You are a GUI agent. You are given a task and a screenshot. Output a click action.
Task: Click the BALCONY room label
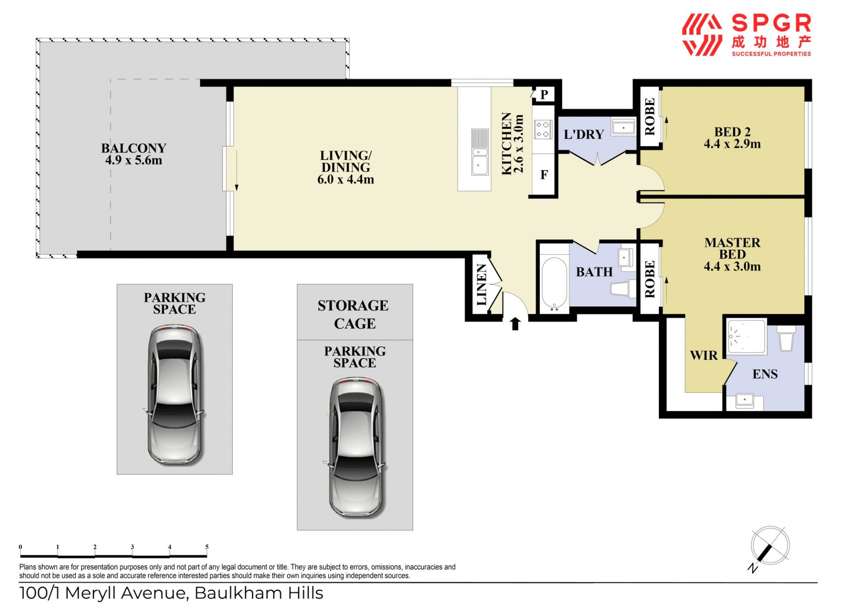[133, 148]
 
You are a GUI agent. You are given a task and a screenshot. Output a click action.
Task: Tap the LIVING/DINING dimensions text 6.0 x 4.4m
[345, 179]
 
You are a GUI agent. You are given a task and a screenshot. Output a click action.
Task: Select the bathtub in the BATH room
[554, 283]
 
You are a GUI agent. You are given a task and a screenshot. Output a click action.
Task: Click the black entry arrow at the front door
[515, 324]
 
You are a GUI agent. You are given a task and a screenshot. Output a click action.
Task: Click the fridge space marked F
[544, 175]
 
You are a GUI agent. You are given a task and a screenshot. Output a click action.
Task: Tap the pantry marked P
[544, 94]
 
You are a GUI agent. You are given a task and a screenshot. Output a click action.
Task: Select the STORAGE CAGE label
[354, 314]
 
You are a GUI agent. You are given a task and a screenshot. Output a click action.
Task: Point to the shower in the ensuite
[746, 336]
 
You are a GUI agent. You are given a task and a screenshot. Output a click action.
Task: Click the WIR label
[704, 355]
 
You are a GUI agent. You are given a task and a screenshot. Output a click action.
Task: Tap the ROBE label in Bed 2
[650, 117]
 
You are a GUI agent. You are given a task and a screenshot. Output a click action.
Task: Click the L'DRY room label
[584, 134]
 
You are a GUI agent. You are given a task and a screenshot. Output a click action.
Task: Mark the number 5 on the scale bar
[207, 547]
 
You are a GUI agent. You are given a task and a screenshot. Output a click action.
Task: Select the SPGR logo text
[771, 23]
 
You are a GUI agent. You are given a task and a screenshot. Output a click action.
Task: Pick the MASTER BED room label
[732, 249]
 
